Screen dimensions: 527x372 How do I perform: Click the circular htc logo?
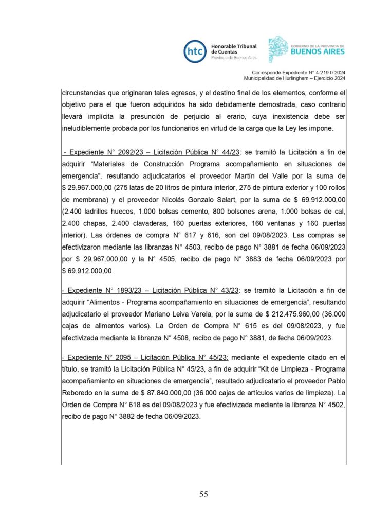coord(195,51)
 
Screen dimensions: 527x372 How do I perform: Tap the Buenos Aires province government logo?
coord(307,49)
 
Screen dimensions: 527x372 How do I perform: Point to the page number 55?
coord(203,495)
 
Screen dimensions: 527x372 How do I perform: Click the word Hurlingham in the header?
coord(296,78)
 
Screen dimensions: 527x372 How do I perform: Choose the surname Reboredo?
coord(77,382)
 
